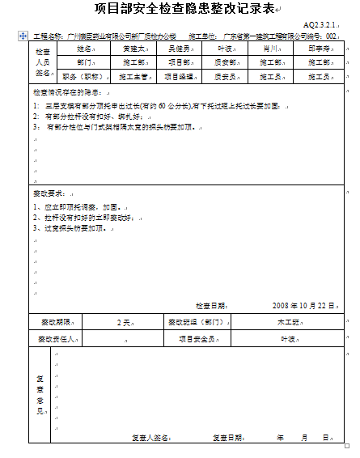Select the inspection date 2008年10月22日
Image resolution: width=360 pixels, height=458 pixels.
tap(303, 305)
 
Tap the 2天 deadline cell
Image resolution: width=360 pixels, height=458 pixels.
tap(124, 322)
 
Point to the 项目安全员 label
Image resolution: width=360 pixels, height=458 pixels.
tap(197, 339)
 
